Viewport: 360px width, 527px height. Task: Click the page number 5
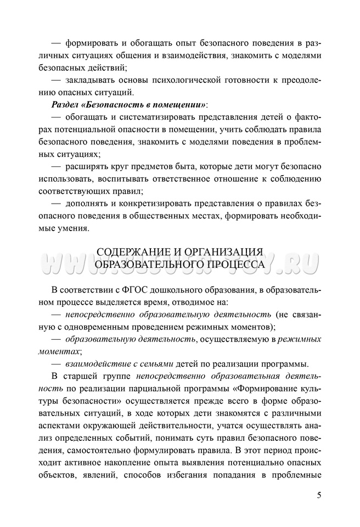[x=319, y=495]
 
